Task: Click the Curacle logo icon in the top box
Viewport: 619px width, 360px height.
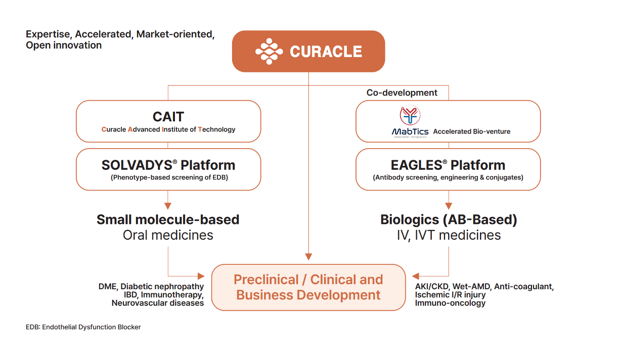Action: [x=269, y=51]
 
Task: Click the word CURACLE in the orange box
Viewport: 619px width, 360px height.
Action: [x=326, y=52]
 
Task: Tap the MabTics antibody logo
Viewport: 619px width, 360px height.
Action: [x=410, y=116]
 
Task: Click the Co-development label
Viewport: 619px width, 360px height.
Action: [x=402, y=93]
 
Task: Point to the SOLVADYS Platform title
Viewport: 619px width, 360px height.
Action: [x=168, y=165]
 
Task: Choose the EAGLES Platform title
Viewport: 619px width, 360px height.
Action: [x=448, y=165]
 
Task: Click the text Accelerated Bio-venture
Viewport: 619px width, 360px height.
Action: [x=472, y=131]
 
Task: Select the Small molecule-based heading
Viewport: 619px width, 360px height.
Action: [x=168, y=219]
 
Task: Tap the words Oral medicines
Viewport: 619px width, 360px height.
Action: [x=168, y=235]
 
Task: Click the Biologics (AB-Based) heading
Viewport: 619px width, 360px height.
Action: [x=449, y=219]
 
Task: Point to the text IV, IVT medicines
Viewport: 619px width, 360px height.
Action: [x=449, y=235]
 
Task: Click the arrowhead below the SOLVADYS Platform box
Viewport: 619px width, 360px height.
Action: [x=168, y=206]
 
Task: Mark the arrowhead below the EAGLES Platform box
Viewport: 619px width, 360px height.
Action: [x=449, y=206]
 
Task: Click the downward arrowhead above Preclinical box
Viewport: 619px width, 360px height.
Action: [x=308, y=257]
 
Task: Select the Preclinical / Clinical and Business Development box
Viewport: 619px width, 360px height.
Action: [x=308, y=287]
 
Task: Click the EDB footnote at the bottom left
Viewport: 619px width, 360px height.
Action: [x=83, y=327]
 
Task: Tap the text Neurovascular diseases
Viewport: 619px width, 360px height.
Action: [x=158, y=303]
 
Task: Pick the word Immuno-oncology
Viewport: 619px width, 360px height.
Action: [x=450, y=303]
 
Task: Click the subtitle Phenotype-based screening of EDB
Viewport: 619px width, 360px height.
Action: [x=168, y=177]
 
